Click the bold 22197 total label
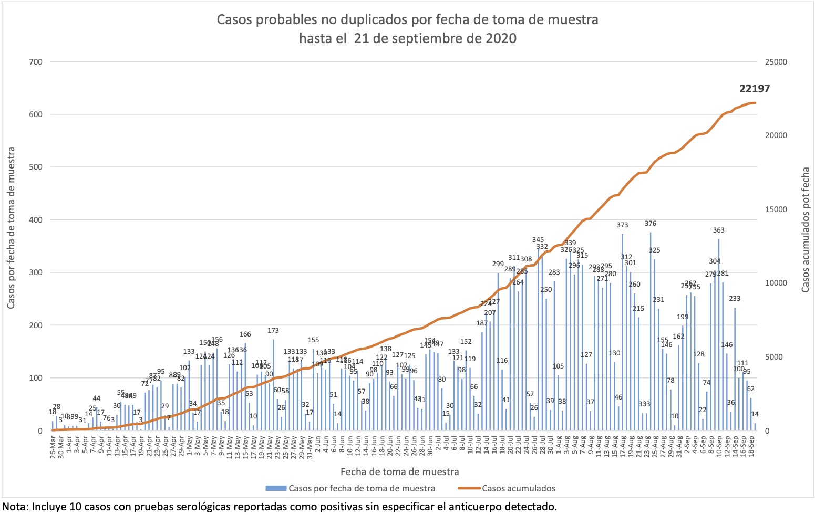(x=755, y=89)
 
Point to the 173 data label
(x=273, y=331)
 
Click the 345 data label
(x=538, y=240)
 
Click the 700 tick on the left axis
(x=36, y=62)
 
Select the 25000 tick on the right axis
(x=777, y=62)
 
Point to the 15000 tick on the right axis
(x=777, y=209)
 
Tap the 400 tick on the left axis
(x=36, y=220)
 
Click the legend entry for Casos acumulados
(x=518, y=488)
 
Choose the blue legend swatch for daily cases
(x=275, y=488)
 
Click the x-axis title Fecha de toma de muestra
(x=399, y=471)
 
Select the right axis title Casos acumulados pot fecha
(x=806, y=230)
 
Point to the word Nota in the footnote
(x=15, y=507)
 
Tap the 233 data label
(x=735, y=299)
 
